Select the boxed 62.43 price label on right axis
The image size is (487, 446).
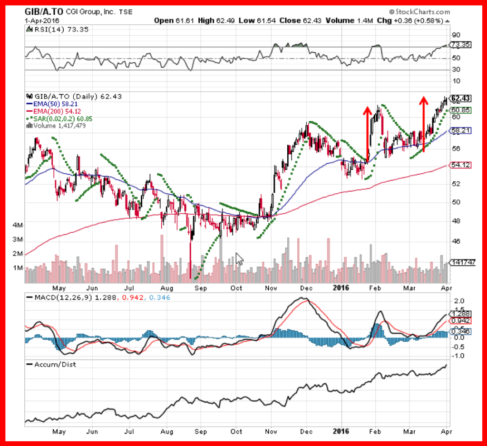pyautogui.click(x=460, y=98)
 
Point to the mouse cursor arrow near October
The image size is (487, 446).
pyautogui.click(x=239, y=259)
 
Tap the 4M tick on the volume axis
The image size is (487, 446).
pyautogui.click(x=18, y=224)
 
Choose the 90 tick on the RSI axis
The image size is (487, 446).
pyautogui.click(x=456, y=35)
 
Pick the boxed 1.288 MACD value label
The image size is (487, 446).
pyautogui.click(x=460, y=314)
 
